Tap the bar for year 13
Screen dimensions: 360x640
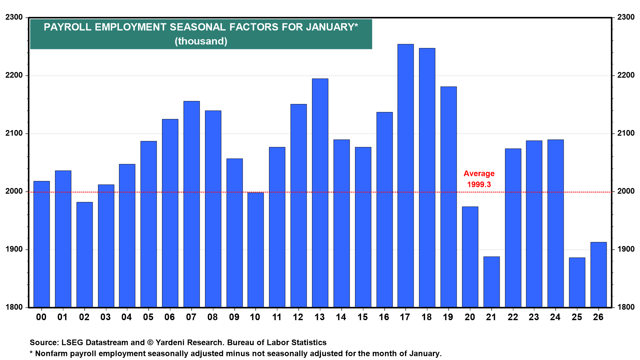(x=320, y=193)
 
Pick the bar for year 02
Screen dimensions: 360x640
(x=84, y=255)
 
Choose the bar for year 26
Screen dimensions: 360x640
(x=598, y=275)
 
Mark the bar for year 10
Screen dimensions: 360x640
(x=256, y=250)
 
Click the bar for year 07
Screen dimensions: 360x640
(x=191, y=204)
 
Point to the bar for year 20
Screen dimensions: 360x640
(x=470, y=257)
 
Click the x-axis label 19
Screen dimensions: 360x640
(x=448, y=317)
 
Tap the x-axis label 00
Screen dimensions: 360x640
(x=41, y=317)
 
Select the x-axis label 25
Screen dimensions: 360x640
(x=577, y=317)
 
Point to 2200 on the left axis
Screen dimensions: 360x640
(x=14, y=75)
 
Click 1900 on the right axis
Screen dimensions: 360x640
(x=626, y=249)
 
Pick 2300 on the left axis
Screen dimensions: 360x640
(x=14, y=17)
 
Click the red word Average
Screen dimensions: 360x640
(x=479, y=174)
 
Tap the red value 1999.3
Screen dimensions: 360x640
(x=479, y=185)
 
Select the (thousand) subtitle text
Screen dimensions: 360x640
(x=201, y=41)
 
